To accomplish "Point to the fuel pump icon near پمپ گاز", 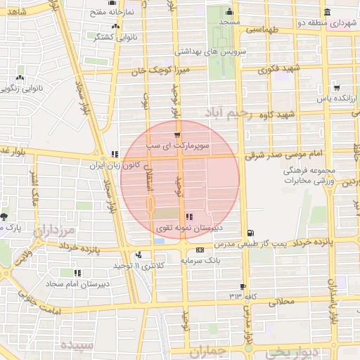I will click(251, 234).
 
